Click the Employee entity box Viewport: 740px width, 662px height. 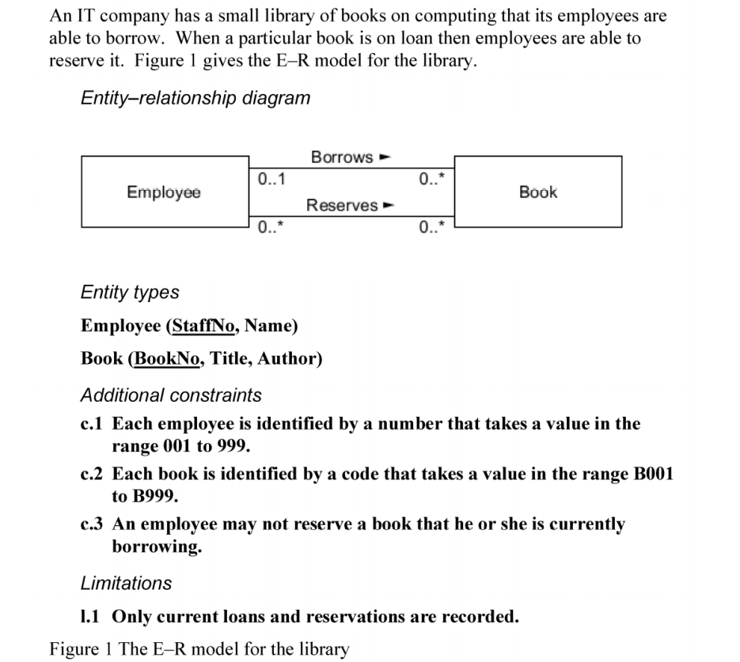164,191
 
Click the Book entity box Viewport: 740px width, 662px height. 537,191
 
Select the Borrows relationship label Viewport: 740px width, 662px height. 342,157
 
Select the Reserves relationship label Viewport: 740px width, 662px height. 342,206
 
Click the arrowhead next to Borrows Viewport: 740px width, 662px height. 387,157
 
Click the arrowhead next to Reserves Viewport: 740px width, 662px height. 389,206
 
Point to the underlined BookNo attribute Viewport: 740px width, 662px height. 167,359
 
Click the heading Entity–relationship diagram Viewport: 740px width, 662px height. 195,98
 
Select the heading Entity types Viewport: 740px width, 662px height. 130,292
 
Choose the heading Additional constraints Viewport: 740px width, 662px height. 171,394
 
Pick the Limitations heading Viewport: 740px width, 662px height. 126,583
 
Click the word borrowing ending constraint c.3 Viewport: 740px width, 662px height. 156,547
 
